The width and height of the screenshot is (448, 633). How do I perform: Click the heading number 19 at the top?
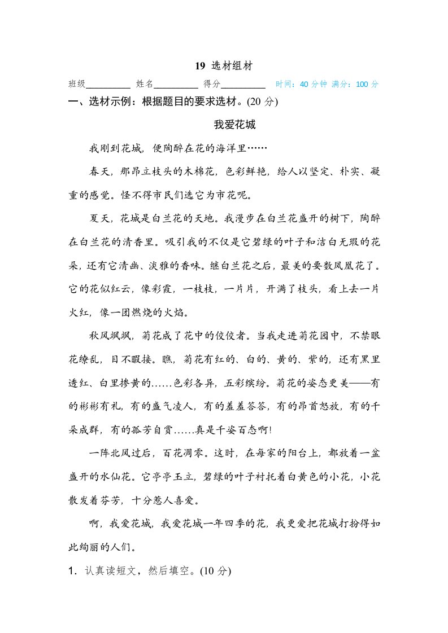199,66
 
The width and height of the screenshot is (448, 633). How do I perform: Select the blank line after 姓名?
176,85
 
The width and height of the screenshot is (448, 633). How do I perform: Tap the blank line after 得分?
243,85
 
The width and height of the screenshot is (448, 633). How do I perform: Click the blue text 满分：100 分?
355,85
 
